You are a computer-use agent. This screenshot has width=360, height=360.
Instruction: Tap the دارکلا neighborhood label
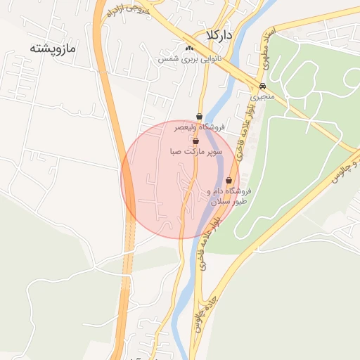coord(219,34)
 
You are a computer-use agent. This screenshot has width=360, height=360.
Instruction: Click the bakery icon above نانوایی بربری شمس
coord(188,48)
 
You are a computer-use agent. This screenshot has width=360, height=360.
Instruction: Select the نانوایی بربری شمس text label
coord(190,59)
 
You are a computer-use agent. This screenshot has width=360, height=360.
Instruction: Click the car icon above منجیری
coord(262,85)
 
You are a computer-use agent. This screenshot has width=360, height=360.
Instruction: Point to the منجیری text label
coord(263,96)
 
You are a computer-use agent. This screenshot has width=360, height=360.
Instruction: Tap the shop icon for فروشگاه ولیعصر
coord(200,116)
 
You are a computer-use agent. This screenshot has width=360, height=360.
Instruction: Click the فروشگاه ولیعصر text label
coord(200,127)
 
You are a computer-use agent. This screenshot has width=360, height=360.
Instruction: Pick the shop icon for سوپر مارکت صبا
coord(195,141)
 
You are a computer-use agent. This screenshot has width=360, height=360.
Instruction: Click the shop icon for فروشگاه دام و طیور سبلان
coord(229,181)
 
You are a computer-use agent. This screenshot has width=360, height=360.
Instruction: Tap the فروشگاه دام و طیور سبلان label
coord(229,196)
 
